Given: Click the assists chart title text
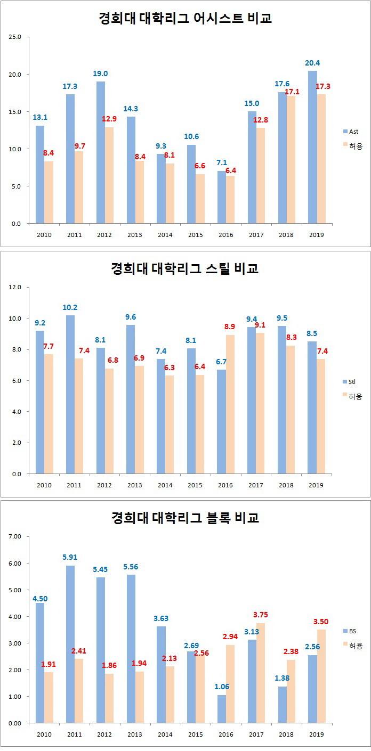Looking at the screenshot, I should coord(185,19).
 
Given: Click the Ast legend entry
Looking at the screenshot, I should coord(352,131).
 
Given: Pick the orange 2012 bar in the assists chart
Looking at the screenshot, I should coord(109,175).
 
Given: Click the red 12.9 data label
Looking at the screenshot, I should coord(109,119).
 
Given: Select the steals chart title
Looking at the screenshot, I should coord(185,268).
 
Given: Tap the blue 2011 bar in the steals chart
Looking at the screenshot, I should coord(70,394).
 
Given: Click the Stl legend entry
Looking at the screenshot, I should coord(352,381).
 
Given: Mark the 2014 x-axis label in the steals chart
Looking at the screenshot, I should coord(165,485).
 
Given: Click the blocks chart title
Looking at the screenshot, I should coord(185,517).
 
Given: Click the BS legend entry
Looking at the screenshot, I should coord(352,631).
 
